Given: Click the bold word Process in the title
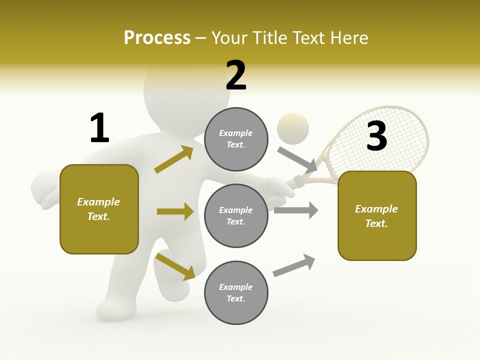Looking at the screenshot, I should (157, 38).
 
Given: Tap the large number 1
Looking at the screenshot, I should (99, 128).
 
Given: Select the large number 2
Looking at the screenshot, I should (236, 75).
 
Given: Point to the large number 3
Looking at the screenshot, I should (376, 136).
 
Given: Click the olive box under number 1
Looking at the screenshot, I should (99, 209).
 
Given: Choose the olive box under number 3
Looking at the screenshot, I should (377, 215).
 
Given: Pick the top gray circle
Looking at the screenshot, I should (236, 139).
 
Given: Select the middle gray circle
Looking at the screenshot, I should (236, 215).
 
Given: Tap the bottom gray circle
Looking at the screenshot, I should (236, 292).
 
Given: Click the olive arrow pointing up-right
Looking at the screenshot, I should (174, 159).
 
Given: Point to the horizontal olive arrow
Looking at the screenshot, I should (175, 211).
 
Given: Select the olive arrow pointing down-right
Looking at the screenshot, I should (175, 266).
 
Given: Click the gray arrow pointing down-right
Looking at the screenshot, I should (297, 159).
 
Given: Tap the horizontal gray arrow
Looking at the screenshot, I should (296, 210).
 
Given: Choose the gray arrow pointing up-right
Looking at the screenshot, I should (294, 265).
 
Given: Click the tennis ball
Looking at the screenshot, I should (293, 128).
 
